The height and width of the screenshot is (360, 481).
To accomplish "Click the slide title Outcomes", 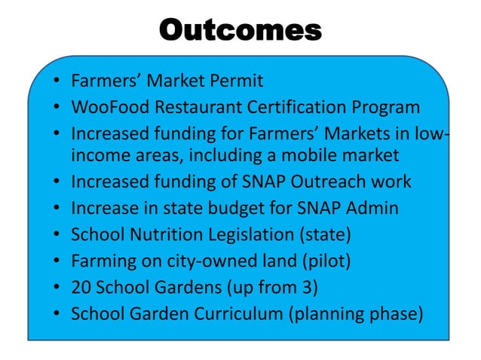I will pyautogui.click(x=240, y=30).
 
